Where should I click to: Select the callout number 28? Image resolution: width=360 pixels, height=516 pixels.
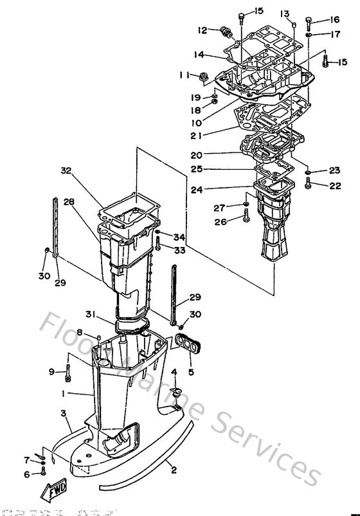69,202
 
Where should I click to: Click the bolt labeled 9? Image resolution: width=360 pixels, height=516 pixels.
67,371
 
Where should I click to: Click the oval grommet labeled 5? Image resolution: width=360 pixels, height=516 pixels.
184,345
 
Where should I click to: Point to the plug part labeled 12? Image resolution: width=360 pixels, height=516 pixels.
226,33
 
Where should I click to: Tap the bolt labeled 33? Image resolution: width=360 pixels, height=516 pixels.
157,244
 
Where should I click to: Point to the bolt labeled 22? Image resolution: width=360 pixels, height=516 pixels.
309,185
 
